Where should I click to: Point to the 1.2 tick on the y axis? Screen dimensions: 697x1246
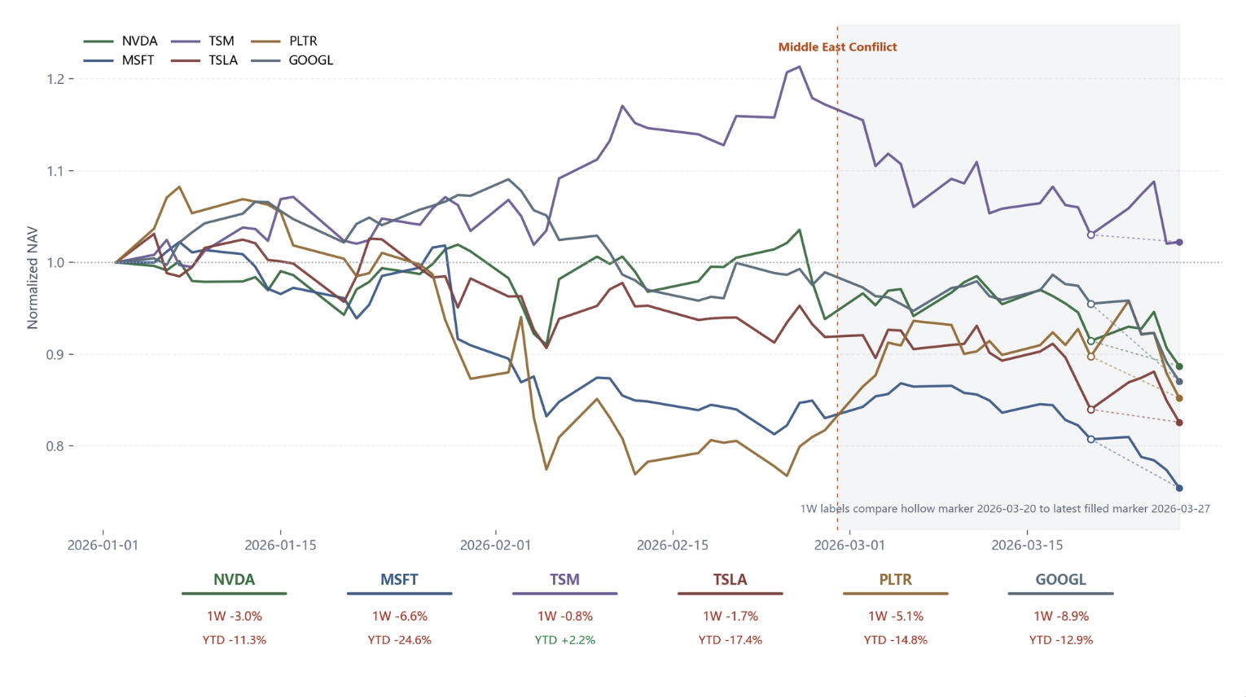tap(55, 79)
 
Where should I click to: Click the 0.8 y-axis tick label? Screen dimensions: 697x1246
tap(55, 446)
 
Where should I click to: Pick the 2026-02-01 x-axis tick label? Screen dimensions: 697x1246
tap(495, 545)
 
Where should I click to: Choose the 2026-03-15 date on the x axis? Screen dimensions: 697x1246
tap(1027, 545)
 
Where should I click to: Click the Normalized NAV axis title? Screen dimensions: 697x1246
tap(33, 278)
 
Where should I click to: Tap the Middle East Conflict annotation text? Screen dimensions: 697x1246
tap(837, 47)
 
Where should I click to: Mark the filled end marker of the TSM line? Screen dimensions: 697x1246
tap(1179, 243)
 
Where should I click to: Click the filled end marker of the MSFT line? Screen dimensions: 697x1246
tap(1179, 489)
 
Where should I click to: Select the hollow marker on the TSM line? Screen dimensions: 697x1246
tap(1091, 235)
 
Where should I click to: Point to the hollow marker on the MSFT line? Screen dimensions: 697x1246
tap(1091, 440)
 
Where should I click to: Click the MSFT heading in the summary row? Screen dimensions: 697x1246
tap(399, 580)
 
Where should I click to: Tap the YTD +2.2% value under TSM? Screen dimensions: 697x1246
tap(564, 640)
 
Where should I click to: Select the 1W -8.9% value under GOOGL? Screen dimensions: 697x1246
tap(1060, 616)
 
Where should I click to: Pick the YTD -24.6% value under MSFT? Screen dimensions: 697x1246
tap(399, 640)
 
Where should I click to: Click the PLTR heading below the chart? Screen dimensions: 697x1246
tap(895, 580)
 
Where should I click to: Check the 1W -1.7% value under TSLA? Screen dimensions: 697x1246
tap(730, 616)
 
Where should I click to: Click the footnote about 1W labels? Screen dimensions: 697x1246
tap(1004, 509)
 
